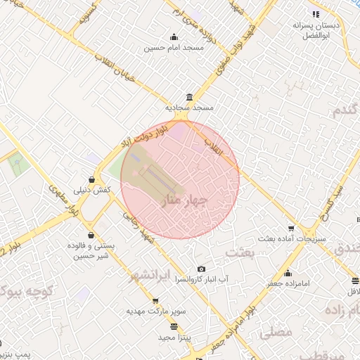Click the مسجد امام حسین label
pyautogui.click(x=174, y=48)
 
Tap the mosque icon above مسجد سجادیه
pyautogui.click(x=188, y=98)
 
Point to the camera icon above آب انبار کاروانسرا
pyautogui.click(x=202, y=269)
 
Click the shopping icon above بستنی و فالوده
pyautogui.click(x=91, y=235)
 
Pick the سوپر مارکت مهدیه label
pyautogui.click(x=155, y=310)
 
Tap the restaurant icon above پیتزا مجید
pyautogui.click(x=174, y=326)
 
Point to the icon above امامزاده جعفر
pyautogui.click(x=288, y=273)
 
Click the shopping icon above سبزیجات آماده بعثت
pyautogui.click(x=291, y=229)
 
